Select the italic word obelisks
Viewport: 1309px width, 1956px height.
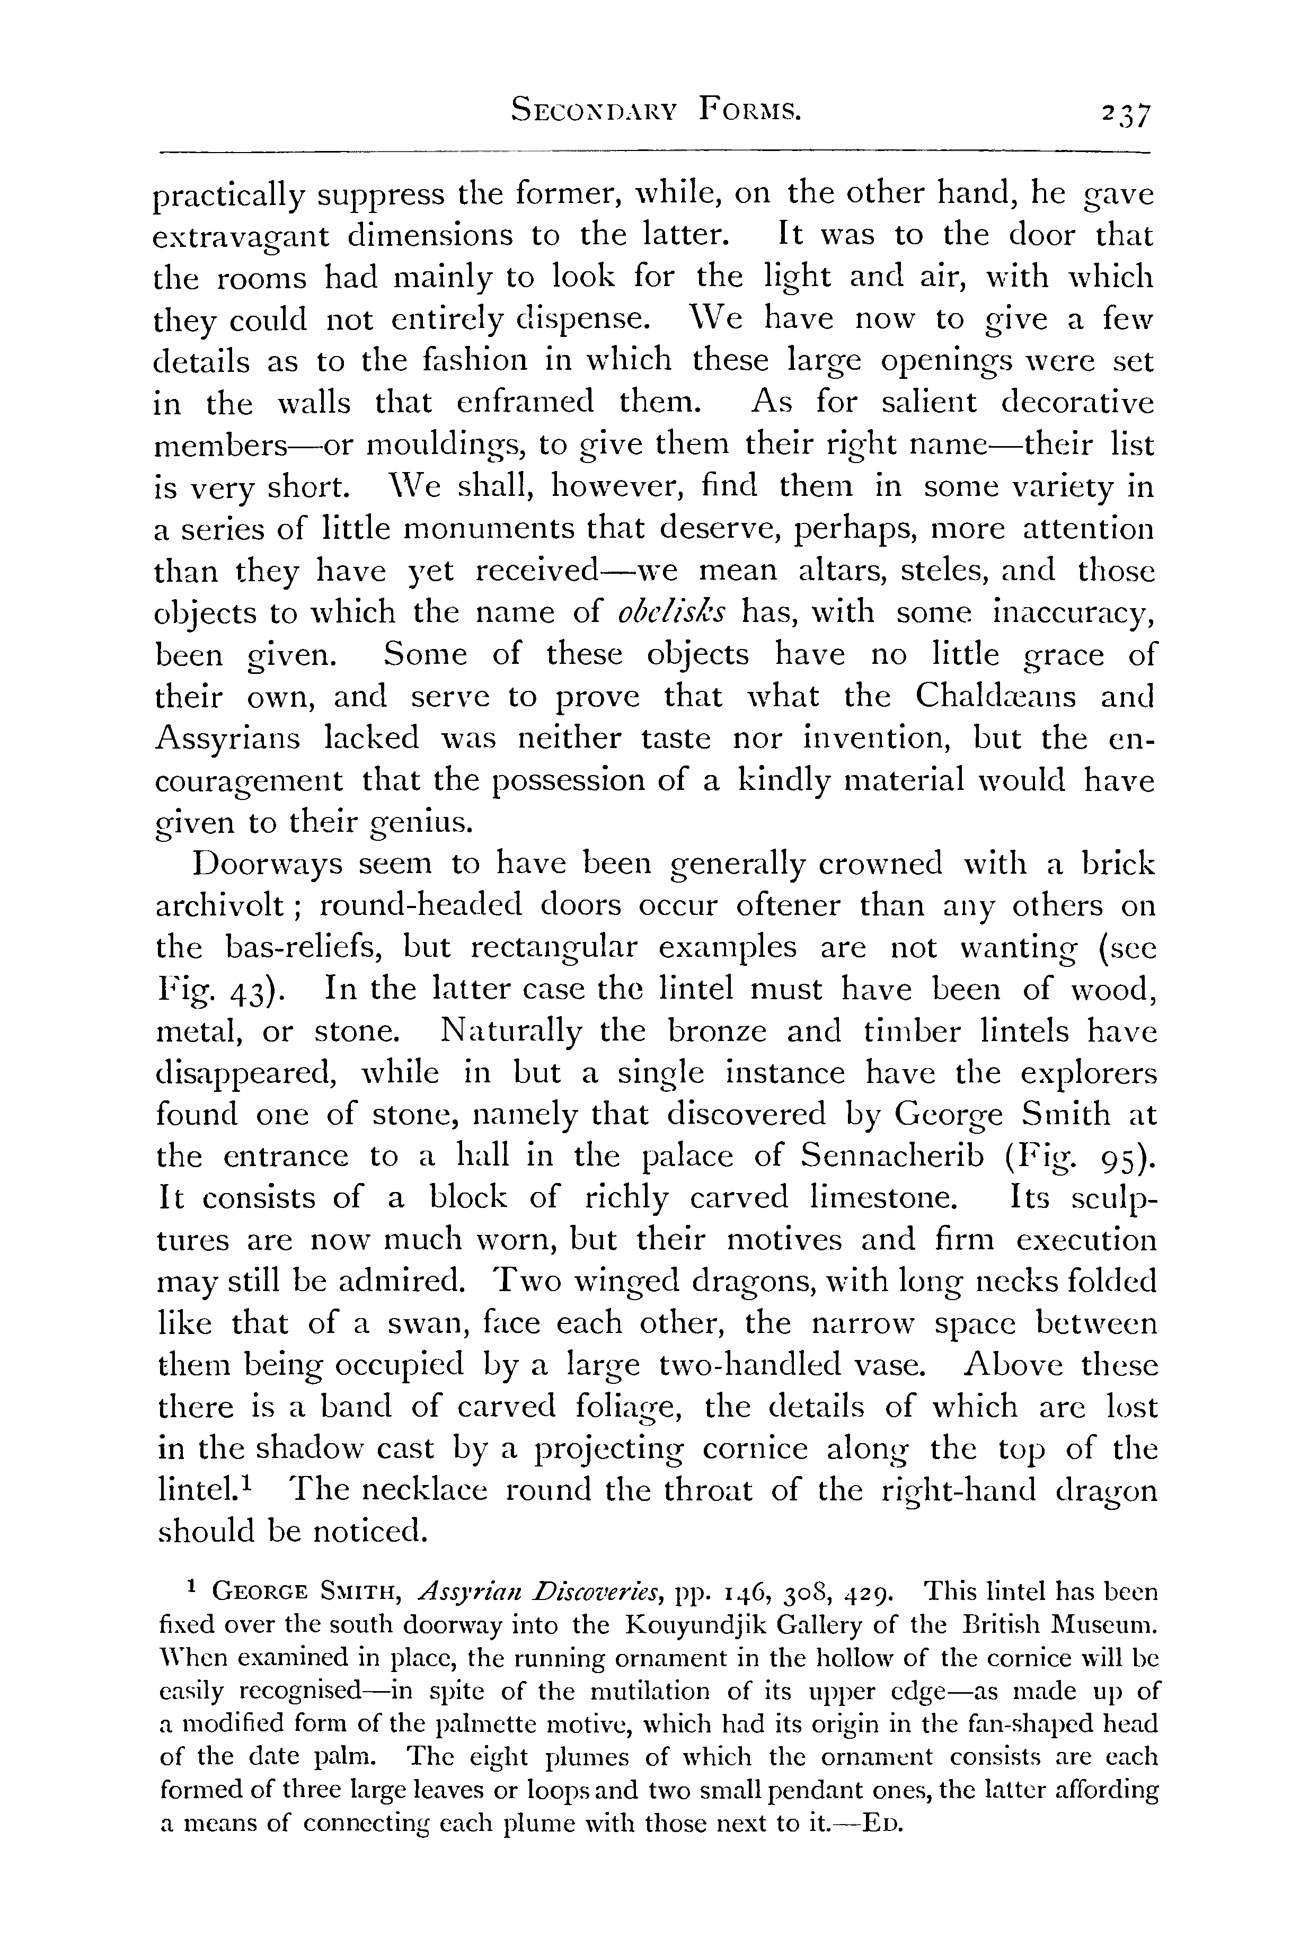pos(672,614)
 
